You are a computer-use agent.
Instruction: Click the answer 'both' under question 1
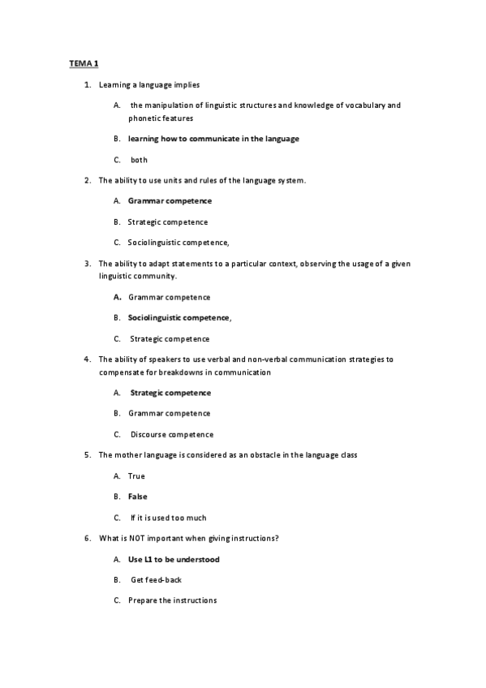coord(139,160)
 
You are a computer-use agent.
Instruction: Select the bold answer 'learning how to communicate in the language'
coord(213,139)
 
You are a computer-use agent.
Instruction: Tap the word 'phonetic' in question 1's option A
coord(144,118)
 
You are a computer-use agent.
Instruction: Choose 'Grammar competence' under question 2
coord(170,200)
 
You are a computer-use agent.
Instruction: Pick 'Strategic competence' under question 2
coord(167,221)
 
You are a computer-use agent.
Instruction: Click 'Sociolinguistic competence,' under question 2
coord(178,242)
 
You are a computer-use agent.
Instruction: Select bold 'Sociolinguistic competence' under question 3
coord(178,317)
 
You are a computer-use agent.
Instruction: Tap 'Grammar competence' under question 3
coord(169,297)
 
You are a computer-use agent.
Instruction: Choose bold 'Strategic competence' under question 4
coord(170,393)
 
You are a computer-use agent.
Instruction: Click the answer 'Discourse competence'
coord(172,434)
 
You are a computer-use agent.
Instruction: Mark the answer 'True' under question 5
coord(136,475)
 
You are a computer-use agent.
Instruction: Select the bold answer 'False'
coord(138,496)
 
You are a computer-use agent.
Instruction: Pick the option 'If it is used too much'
coord(168,517)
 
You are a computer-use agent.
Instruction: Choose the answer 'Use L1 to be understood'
coord(174,559)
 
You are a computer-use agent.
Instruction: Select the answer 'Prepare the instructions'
coord(172,600)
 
